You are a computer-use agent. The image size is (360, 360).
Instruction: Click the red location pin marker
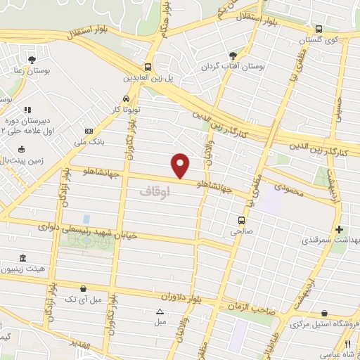pos(181,165)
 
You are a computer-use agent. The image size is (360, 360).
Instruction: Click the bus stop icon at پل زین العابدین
pos(148,60)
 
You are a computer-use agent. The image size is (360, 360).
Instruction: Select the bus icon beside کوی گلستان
pos(319,30)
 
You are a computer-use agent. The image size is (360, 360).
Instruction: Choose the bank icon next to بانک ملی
pos(89,131)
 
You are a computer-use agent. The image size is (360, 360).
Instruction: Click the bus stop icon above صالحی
pos(241,219)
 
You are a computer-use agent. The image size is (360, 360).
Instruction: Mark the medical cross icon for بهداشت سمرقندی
pos(340,229)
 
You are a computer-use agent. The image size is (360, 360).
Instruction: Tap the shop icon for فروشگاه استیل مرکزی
pos(324,314)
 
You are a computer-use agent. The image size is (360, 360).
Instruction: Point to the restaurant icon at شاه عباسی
pos(347,345)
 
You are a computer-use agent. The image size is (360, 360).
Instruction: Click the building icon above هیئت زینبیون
pos(24,258)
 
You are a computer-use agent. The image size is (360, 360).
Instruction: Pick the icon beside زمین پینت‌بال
pos(22,149)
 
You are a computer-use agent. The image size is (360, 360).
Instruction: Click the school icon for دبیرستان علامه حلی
pos(28,110)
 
